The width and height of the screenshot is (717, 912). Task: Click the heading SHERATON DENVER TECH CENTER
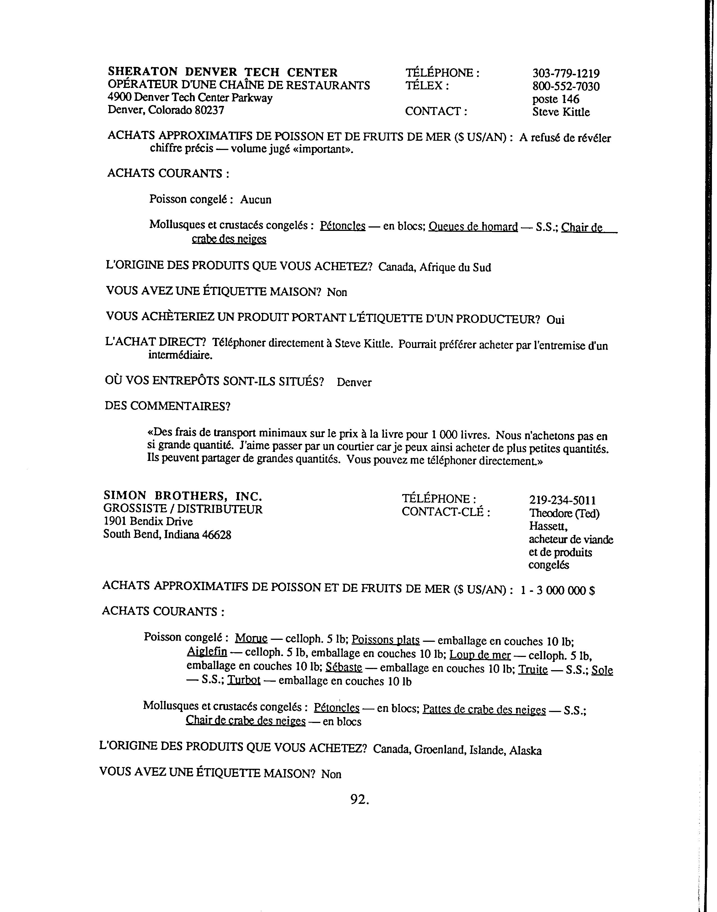pos(223,72)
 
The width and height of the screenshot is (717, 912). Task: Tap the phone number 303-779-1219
pos(566,73)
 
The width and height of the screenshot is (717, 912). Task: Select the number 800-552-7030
pos(566,87)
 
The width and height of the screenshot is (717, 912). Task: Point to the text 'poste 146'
pos(556,99)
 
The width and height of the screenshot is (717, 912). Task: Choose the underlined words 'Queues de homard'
pos(473,227)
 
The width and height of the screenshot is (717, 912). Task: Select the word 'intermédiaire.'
pos(180,355)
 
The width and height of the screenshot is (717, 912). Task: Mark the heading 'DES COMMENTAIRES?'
pos(168,406)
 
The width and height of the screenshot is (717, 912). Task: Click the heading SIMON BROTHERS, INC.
pos(183,496)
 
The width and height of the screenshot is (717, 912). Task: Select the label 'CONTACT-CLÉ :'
pos(446,512)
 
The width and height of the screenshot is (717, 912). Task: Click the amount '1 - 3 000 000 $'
pos(557,591)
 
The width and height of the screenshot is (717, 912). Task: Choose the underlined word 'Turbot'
pos(243,680)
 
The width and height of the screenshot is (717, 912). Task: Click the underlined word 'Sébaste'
pos(343,667)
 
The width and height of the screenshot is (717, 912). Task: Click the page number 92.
pos(359,800)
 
